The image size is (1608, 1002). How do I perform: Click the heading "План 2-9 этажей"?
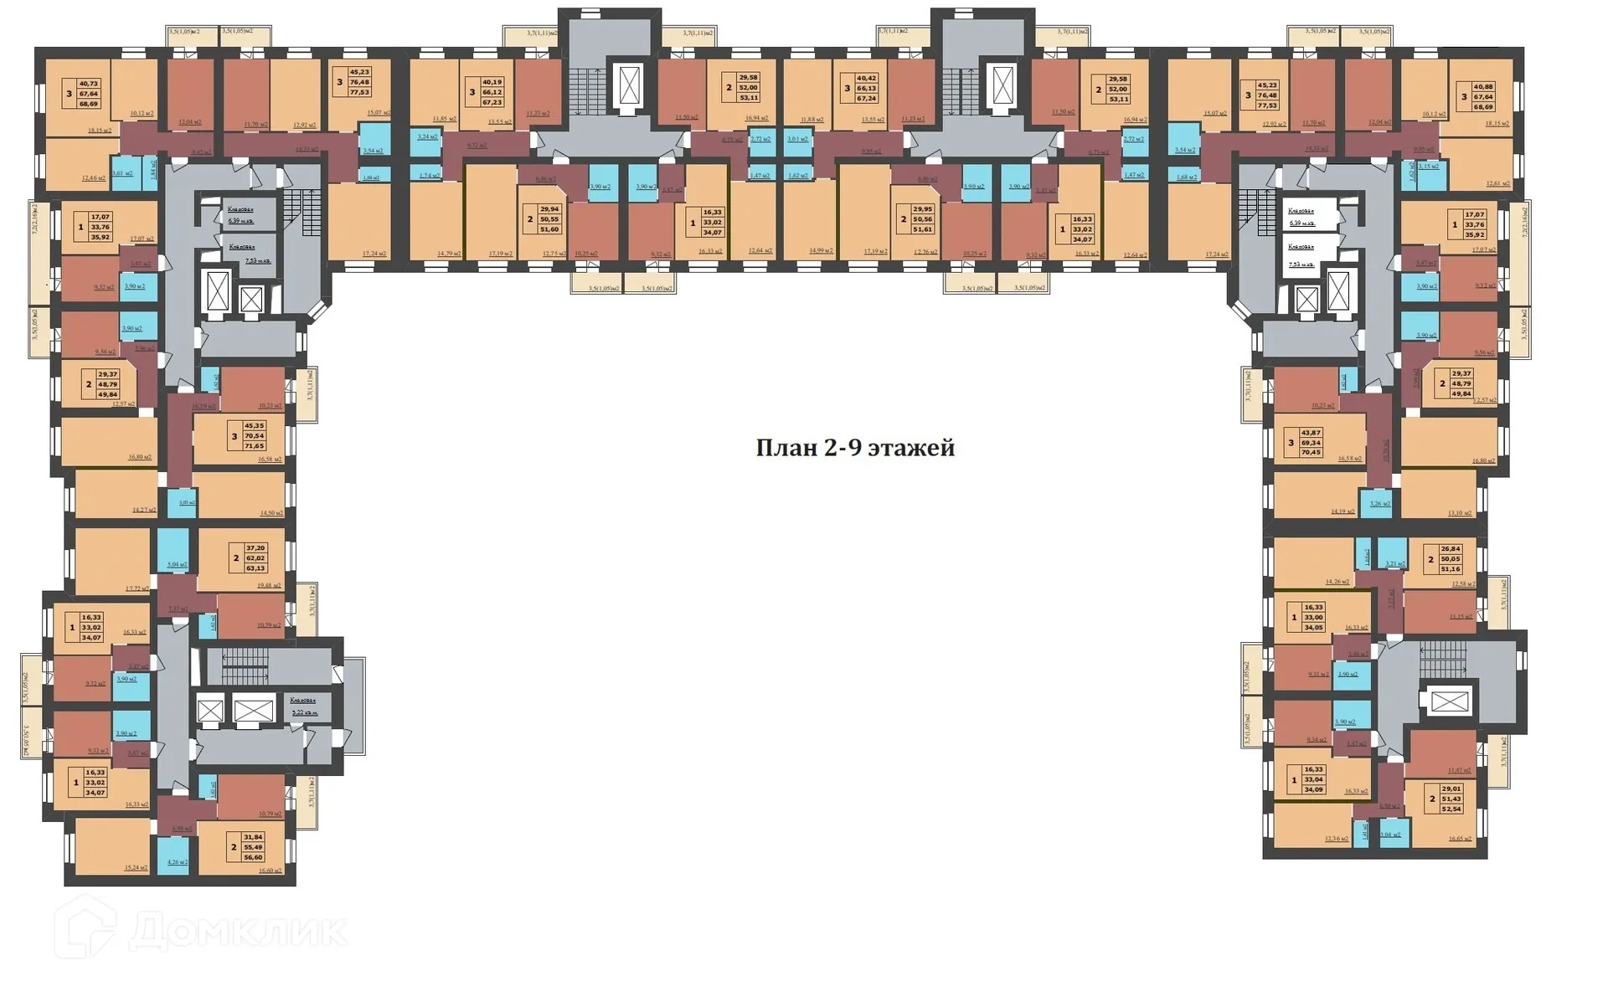pos(855,448)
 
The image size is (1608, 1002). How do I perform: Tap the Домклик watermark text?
pos(238,931)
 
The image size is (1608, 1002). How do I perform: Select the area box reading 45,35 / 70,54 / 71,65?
pos(253,435)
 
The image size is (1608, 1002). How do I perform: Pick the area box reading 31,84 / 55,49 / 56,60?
pos(252,846)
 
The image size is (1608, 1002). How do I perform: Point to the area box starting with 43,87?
pos(1311,442)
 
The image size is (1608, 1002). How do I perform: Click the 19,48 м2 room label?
pos(270,586)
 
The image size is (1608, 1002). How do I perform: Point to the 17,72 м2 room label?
pos(137,588)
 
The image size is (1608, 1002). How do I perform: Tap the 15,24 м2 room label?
pos(136,868)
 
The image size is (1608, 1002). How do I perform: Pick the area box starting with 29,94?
pos(549,218)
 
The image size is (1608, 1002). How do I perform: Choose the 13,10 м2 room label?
pos(1460,512)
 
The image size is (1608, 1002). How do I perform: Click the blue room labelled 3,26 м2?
pos(1379,503)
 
